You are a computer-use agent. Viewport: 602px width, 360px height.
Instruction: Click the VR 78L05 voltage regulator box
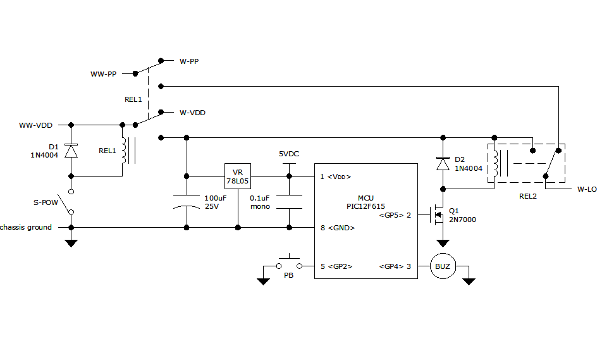(238, 177)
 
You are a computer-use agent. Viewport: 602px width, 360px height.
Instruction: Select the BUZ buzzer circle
(443, 266)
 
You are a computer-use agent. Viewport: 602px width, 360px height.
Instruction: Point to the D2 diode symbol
(443, 163)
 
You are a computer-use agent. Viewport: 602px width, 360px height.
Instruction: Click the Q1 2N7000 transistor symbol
(438, 215)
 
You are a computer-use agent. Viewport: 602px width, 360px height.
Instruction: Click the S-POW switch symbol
(71, 202)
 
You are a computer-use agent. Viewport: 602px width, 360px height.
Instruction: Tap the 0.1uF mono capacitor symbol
(289, 202)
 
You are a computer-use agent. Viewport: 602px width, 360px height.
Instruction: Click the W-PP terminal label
(190, 61)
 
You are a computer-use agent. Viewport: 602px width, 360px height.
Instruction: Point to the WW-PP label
(103, 74)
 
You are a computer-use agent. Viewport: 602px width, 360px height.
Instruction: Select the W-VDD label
(192, 113)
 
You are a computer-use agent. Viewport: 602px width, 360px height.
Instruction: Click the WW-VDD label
(35, 125)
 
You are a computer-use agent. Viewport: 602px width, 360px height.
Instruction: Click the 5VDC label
(289, 154)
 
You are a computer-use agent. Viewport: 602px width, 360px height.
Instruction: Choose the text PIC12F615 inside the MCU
(365, 206)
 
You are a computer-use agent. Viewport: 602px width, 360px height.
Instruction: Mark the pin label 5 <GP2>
(336, 266)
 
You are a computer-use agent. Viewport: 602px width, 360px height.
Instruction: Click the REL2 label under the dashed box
(527, 196)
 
